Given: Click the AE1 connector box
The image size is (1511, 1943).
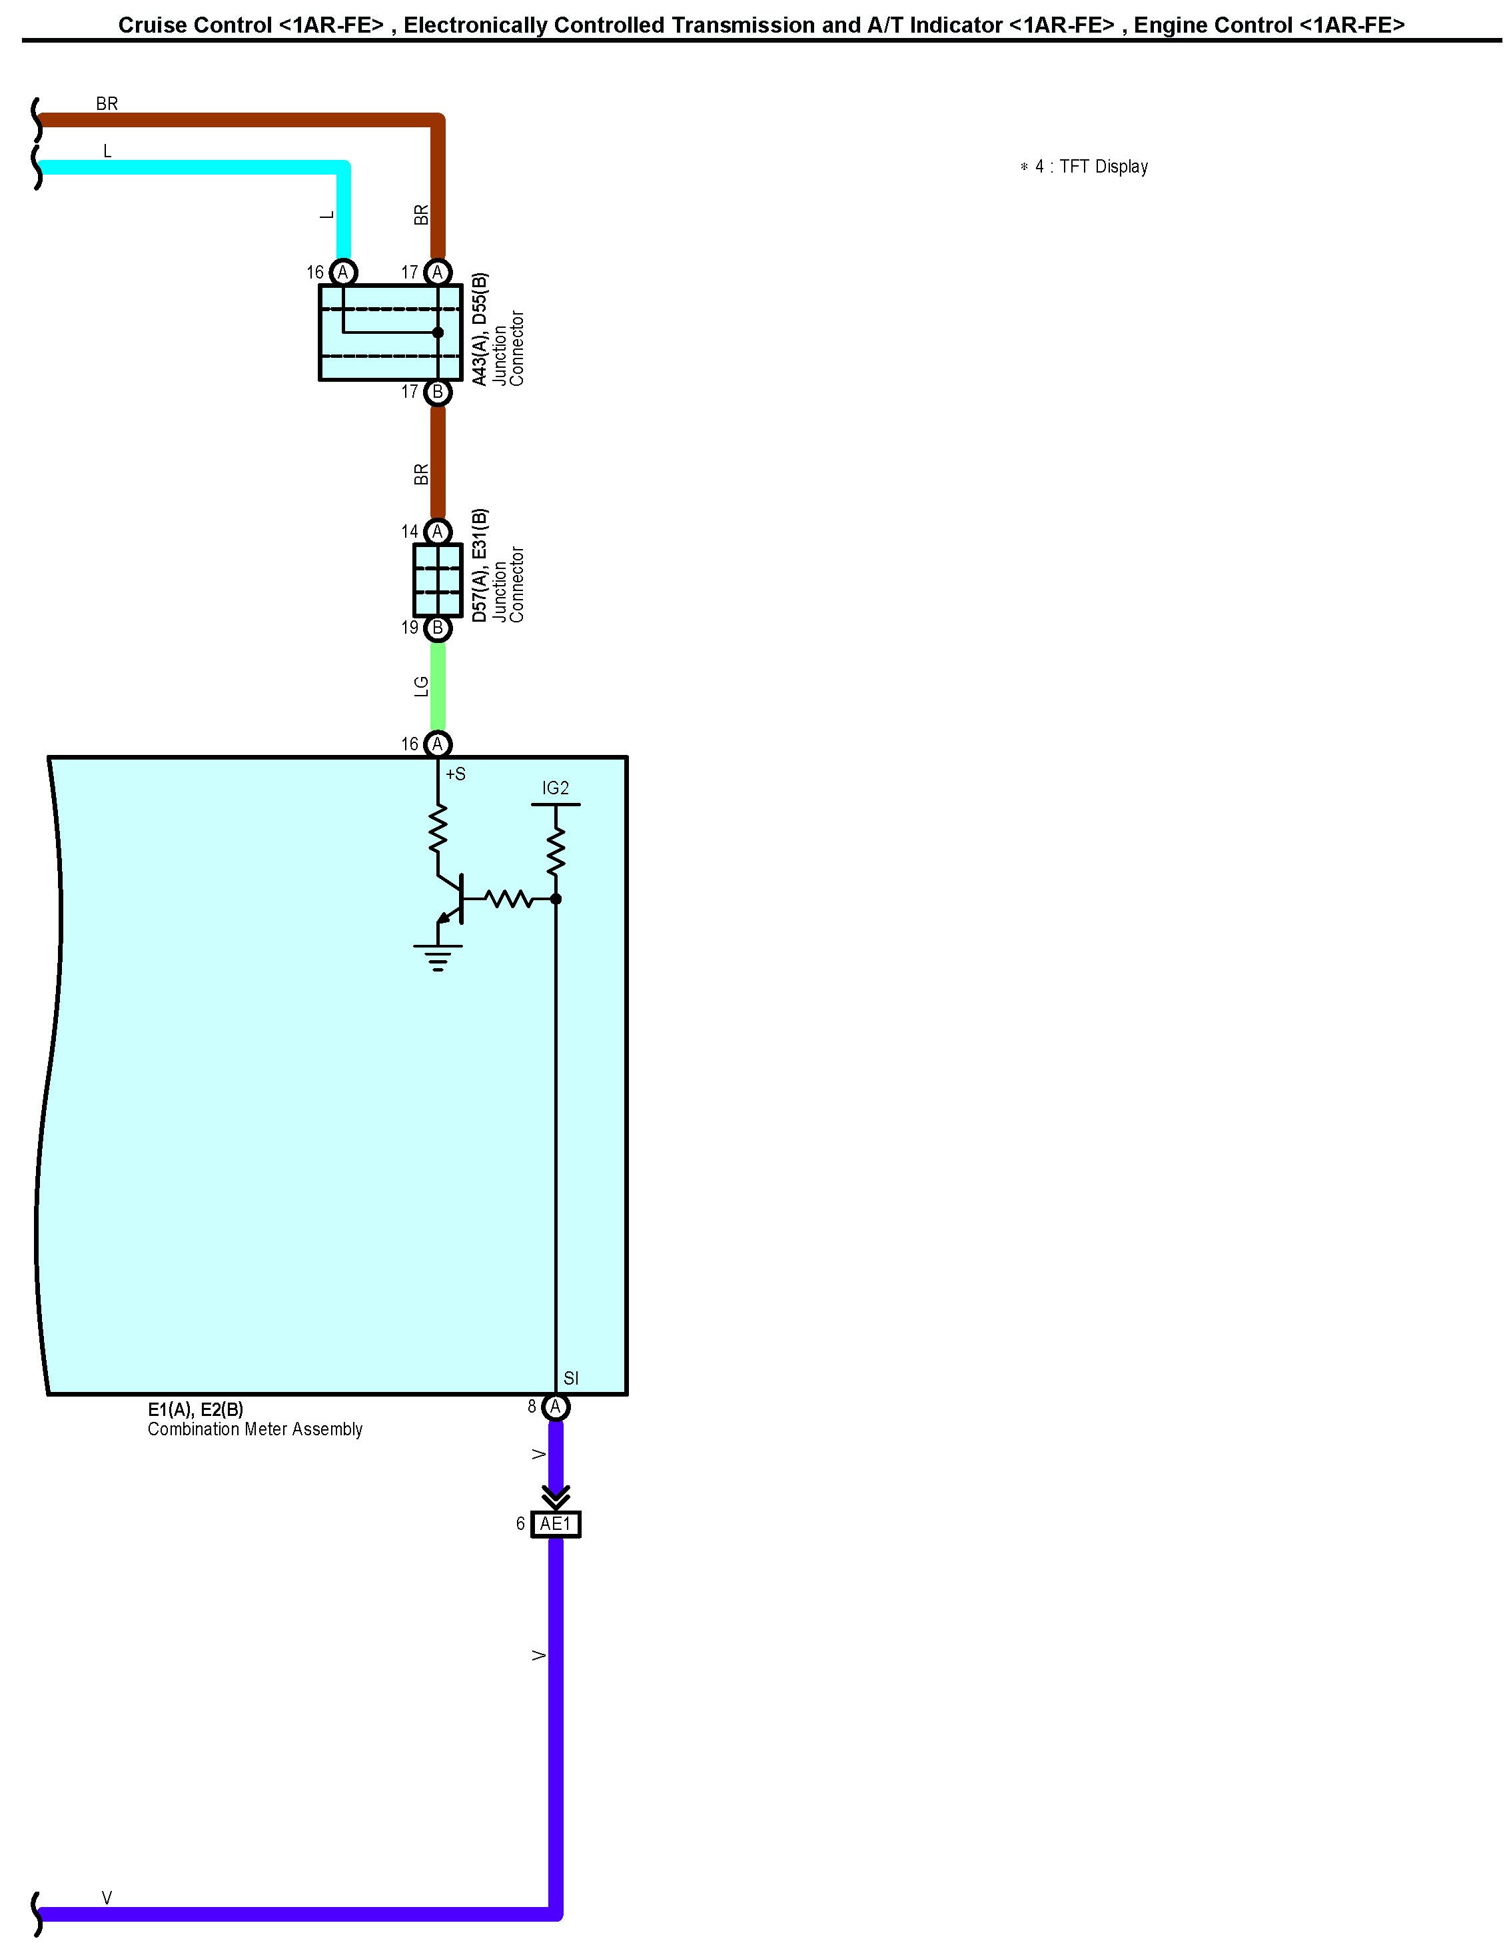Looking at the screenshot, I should click(x=555, y=1524).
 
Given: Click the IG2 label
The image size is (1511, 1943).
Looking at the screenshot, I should click(x=555, y=788).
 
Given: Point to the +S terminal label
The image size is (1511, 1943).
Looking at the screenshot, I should click(x=455, y=774).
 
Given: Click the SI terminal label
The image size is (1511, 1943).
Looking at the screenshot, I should click(x=571, y=1378).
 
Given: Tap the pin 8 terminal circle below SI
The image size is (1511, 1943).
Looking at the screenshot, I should click(x=555, y=1407).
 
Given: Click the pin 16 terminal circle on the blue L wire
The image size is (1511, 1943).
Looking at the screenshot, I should click(x=343, y=273).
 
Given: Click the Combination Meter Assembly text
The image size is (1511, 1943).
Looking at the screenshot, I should click(x=255, y=1429).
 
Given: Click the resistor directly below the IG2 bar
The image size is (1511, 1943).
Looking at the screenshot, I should click(x=555, y=850).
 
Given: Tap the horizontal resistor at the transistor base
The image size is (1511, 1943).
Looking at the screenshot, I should click(x=508, y=900).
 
